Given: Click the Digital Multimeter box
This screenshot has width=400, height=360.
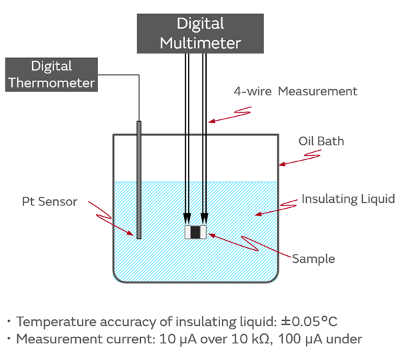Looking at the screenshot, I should click(x=199, y=33).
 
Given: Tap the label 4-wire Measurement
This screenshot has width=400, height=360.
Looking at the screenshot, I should click(x=295, y=91).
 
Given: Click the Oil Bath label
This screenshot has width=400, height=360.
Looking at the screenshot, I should click(x=321, y=141).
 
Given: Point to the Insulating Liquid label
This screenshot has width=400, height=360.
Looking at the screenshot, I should click(x=347, y=199).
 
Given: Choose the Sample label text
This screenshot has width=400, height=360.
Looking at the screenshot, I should click(x=313, y=259).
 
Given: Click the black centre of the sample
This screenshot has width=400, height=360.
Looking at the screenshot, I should click(x=195, y=233).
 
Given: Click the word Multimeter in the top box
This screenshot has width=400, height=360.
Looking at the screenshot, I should click(x=199, y=42).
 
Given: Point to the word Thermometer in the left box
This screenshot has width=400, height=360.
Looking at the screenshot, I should click(x=52, y=83).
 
